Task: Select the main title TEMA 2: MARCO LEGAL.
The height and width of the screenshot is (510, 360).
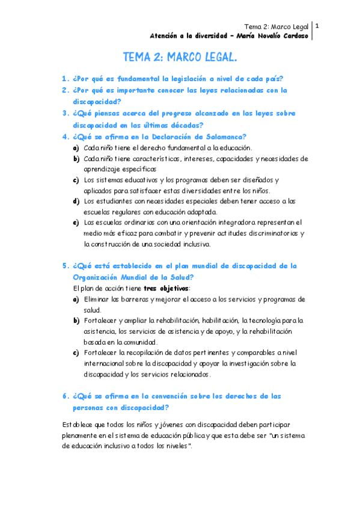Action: (180, 58)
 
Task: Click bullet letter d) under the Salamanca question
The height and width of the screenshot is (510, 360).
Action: (76, 201)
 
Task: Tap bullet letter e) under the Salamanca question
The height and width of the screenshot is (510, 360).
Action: (76, 223)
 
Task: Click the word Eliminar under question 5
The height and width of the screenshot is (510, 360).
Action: (99, 299)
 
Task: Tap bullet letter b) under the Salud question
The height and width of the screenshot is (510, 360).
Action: (76, 321)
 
